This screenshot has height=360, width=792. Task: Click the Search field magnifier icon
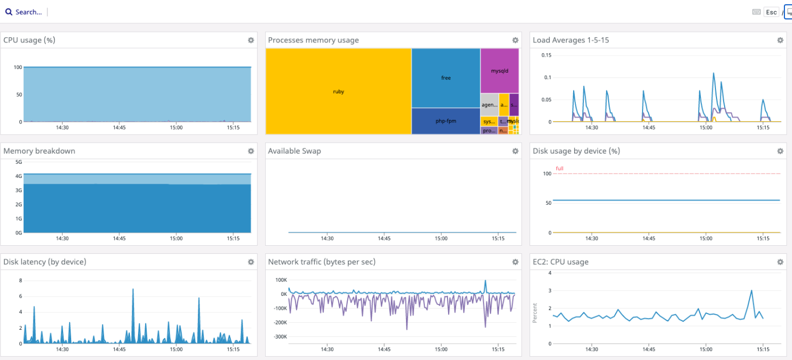[x=9, y=12]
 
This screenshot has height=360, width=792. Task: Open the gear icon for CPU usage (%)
[x=251, y=40]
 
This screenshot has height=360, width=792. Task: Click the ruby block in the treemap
[x=339, y=92]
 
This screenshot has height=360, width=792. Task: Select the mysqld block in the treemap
[x=499, y=71]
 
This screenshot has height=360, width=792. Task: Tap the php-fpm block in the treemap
[x=446, y=121]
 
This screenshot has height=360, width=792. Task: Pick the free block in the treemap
[x=446, y=78]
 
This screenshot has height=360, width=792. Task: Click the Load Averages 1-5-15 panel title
[x=570, y=40]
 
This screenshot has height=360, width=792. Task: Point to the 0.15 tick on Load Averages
[x=546, y=55]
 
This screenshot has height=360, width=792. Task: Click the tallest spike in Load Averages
[x=713, y=73]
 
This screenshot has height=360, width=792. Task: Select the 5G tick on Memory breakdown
[x=18, y=162]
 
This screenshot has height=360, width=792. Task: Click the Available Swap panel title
[x=294, y=151]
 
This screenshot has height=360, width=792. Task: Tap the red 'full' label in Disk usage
[x=560, y=169]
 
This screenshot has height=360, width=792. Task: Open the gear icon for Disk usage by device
[x=780, y=151]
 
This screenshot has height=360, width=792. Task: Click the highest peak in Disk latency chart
[x=133, y=289]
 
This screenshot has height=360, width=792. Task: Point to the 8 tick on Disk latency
[x=20, y=280]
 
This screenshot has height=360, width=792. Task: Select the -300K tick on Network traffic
[x=280, y=337]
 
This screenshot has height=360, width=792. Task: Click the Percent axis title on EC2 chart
[x=535, y=313]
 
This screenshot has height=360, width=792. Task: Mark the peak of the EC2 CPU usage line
[x=752, y=290]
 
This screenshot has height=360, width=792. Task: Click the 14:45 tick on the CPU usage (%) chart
[x=119, y=128]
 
